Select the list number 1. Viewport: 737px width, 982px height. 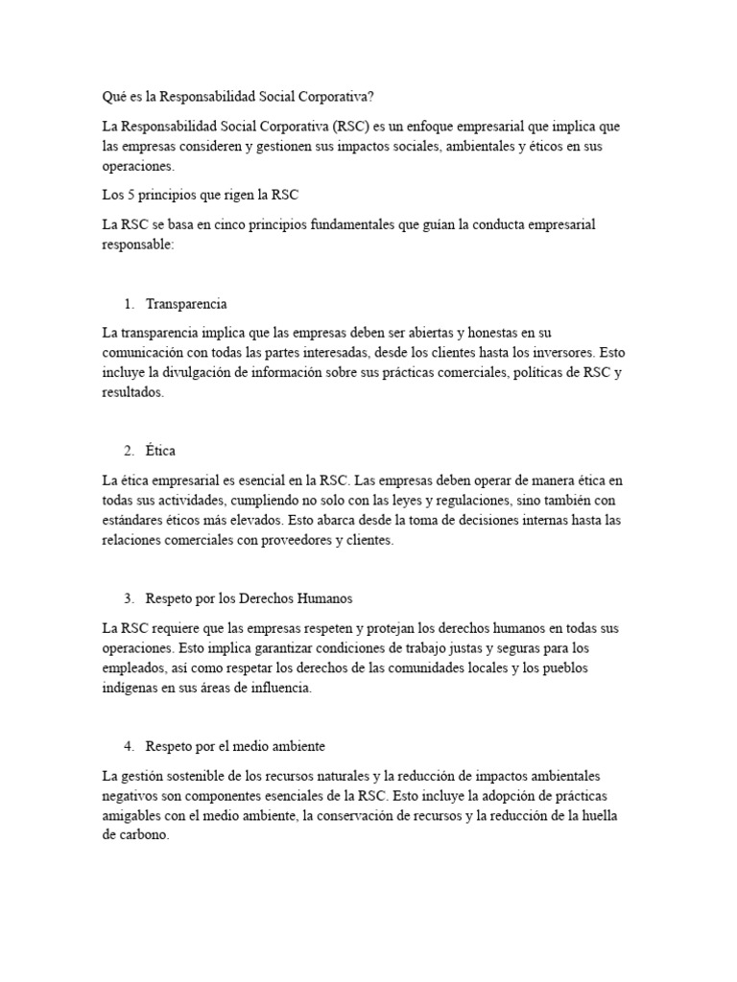click(128, 304)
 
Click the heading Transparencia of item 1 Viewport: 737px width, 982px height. click(186, 304)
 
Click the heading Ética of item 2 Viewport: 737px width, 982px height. click(160, 451)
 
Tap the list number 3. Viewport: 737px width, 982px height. click(128, 598)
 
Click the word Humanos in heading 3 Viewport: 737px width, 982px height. click(323, 598)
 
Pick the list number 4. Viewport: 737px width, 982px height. click(128, 746)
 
